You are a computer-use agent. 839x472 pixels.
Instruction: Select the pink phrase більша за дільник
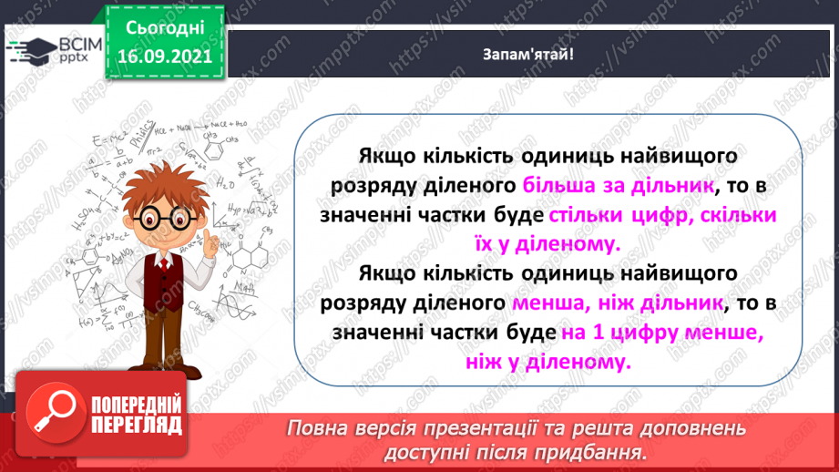(617, 186)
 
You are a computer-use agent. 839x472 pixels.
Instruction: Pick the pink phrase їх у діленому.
(552, 243)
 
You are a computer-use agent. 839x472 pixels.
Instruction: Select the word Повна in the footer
(316, 427)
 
